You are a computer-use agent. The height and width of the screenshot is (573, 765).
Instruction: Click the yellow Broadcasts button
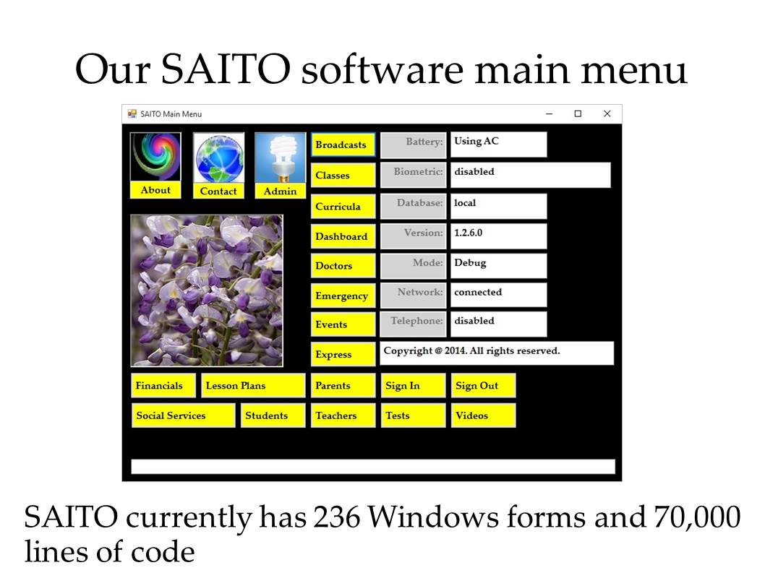pos(343,145)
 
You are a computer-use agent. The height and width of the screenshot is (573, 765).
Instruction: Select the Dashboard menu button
pos(343,236)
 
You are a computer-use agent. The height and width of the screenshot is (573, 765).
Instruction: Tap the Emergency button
pos(343,296)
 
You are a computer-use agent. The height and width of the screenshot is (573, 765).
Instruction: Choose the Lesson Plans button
pos(253,386)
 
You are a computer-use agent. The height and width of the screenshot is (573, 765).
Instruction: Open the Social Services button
pos(183,415)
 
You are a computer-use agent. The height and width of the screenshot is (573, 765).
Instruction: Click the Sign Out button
pos(483,386)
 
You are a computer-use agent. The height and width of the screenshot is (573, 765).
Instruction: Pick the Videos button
pos(483,415)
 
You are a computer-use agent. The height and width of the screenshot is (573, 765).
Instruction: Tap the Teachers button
pos(343,415)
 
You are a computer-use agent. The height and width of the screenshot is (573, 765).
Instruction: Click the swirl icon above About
pos(155,157)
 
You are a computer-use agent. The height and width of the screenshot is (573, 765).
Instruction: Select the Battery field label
pos(414,145)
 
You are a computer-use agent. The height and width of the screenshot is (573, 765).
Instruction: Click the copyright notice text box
pos(497,353)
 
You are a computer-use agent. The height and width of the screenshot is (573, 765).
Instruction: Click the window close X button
pos(607,113)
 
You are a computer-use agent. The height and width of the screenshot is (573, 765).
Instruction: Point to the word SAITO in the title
pos(226,69)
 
